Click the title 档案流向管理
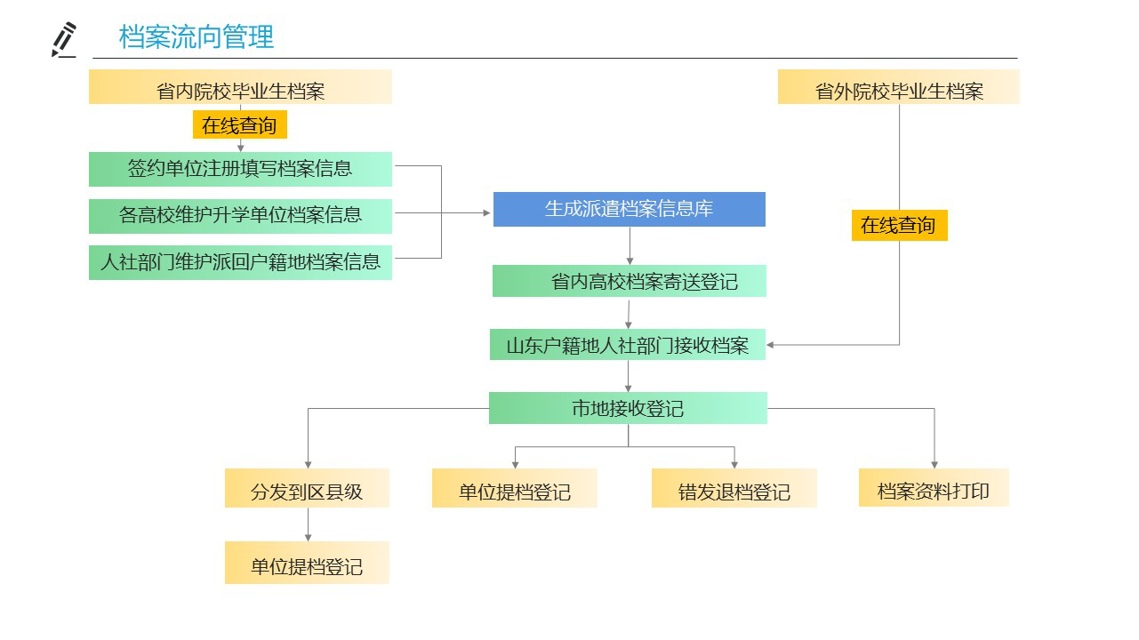pos(197,37)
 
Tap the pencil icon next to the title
pos(64,40)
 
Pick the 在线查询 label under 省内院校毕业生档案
pos(239,125)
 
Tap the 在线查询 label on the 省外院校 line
pos(898,225)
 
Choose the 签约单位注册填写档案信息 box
pos(240,169)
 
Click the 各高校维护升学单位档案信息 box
pos(240,215)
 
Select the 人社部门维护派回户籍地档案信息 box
pos(240,262)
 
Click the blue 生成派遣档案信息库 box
pos(629,209)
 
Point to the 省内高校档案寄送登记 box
pos(629,281)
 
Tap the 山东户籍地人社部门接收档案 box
pos(627,345)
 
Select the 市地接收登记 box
pos(628,408)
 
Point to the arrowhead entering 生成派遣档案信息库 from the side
pos(486,213)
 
